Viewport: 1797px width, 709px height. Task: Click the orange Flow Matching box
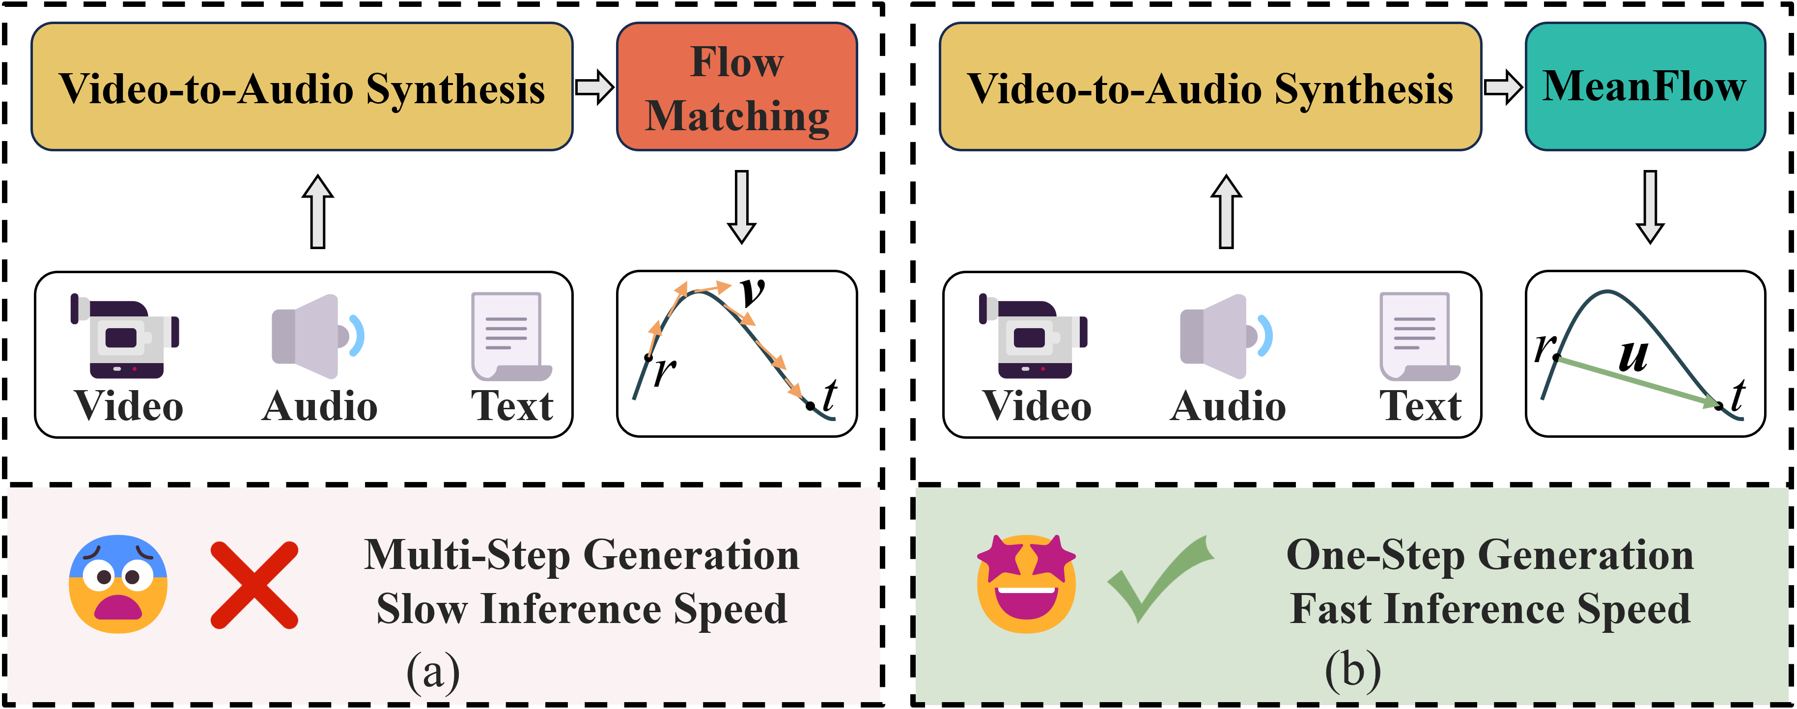[737, 86]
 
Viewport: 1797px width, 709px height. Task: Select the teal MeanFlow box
[1645, 86]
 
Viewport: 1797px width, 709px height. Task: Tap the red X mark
[254, 585]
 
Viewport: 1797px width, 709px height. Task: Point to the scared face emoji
[118, 584]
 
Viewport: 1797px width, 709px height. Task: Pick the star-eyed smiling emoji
[1026, 584]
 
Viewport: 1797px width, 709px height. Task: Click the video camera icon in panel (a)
[126, 337]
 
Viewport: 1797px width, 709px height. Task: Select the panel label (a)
[433, 671]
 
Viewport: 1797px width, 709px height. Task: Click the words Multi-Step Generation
[582, 556]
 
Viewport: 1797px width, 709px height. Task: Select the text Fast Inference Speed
[1490, 608]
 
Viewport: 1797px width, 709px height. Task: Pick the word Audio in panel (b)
[1228, 406]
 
